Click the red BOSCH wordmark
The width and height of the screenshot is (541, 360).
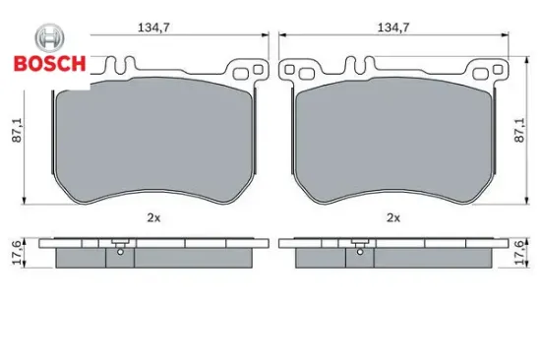coord(50,64)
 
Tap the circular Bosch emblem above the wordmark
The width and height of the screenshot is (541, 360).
coord(50,38)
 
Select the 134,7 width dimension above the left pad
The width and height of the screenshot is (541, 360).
coord(153,28)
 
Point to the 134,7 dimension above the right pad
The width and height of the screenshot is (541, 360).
coord(393,28)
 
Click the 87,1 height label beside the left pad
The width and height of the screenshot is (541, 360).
coord(17,130)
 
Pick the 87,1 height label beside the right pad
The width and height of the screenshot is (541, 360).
coord(519,130)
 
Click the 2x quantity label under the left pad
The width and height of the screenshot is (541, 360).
coord(153,217)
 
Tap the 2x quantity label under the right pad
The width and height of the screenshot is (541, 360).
coord(393,217)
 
